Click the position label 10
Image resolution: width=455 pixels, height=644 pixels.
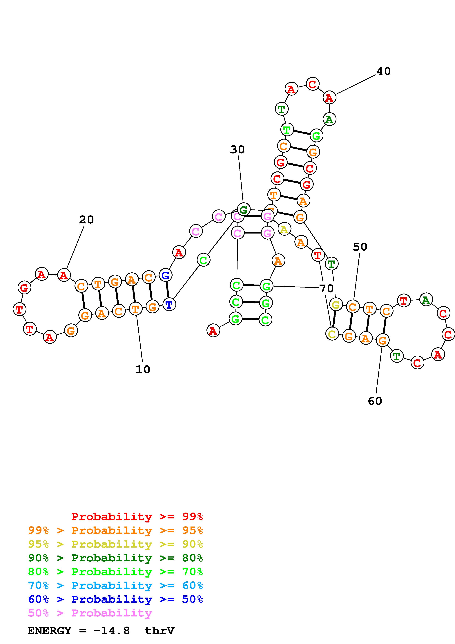(143, 370)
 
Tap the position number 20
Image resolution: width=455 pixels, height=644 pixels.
(86, 220)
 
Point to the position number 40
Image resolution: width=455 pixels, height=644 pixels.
(383, 72)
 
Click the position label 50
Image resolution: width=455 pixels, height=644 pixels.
(360, 247)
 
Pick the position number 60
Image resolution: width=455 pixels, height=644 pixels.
(375, 401)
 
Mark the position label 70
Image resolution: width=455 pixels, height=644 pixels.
(326, 288)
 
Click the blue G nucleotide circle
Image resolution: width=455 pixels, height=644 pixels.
(165, 275)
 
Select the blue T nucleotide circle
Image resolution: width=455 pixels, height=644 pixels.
(169, 305)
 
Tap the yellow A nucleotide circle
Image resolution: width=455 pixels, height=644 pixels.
(284, 229)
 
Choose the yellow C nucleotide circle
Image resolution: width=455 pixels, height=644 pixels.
(332, 334)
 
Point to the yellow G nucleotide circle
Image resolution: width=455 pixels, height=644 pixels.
(336, 305)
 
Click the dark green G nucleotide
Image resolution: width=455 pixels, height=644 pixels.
(244, 209)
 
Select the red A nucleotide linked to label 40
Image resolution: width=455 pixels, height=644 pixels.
(329, 98)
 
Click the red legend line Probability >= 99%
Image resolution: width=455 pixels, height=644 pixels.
(137, 517)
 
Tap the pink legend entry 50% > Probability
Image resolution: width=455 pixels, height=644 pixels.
(90, 613)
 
